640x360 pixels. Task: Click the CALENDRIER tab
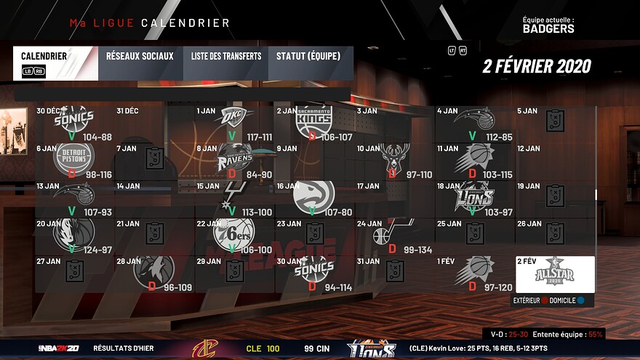[44, 56]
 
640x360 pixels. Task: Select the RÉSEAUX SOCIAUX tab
[140, 56]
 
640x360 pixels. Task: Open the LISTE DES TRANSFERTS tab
[226, 56]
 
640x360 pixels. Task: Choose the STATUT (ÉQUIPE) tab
[311, 56]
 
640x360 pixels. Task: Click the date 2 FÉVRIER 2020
[537, 66]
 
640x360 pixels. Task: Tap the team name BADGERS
[548, 29]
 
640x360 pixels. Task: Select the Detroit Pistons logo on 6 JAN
[75, 156]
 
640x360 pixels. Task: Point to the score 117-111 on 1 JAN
[260, 137]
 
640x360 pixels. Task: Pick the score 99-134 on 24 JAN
[417, 249]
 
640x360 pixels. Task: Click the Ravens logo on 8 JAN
[235, 158]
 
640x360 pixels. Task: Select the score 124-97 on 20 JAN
[97, 249]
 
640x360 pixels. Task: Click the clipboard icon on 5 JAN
[556, 121]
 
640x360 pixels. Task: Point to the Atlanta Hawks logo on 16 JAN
[314, 195]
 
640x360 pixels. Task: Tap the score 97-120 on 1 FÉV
[497, 287]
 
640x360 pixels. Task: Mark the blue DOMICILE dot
[581, 300]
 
